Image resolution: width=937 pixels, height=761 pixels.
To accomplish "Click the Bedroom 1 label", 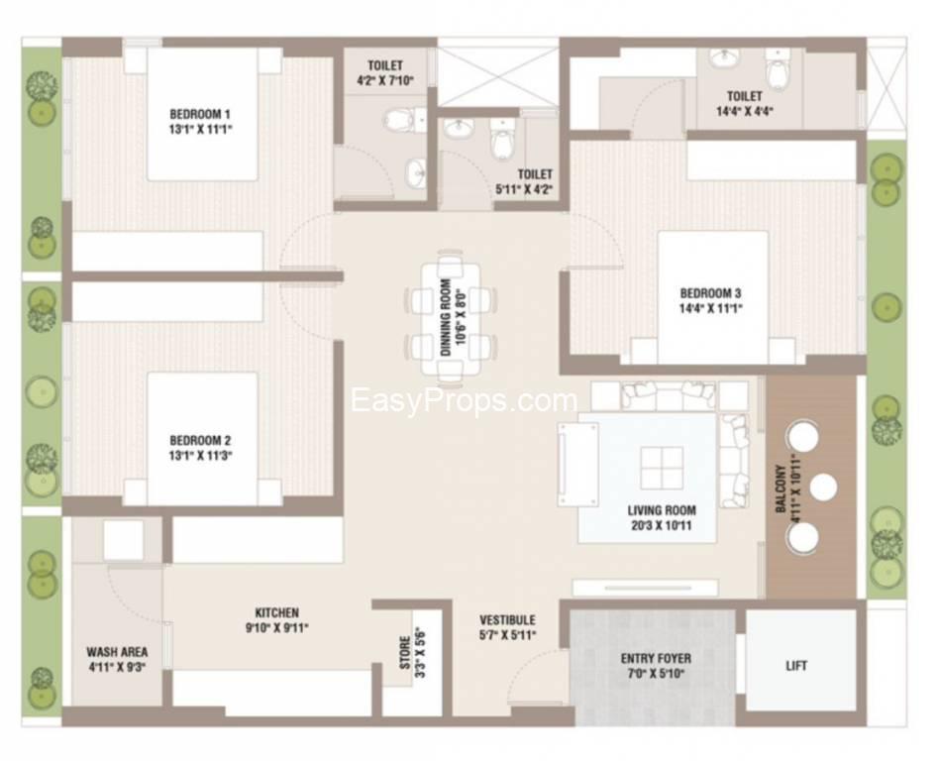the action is tap(200, 114).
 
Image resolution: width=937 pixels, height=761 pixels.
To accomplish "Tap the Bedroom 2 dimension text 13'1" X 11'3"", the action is tap(200, 456).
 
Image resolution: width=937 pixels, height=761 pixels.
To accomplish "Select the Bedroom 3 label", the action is tap(710, 293).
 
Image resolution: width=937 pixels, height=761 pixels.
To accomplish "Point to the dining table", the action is tap(452, 318).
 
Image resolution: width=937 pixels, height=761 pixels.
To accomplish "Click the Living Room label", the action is tap(662, 510).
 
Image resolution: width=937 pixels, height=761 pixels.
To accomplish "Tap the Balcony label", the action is tap(781, 489).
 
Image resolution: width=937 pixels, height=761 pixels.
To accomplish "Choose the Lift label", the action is tap(796, 665).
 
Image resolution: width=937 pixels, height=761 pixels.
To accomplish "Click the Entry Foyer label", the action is tap(656, 659).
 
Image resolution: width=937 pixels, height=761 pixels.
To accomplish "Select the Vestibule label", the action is tap(507, 620).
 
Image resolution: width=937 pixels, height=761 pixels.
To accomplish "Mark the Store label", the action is tap(405, 653).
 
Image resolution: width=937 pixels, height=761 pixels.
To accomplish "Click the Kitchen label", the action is tap(276, 612).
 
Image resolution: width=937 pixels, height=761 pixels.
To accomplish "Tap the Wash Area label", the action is tap(117, 652).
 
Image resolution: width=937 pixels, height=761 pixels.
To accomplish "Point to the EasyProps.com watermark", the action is tap(464, 400).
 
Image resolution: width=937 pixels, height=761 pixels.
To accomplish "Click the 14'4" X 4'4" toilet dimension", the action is tap(745, 111).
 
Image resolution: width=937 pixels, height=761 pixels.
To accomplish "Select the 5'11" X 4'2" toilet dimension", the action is tap(524, 189).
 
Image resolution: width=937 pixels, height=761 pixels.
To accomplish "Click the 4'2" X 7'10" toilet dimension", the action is tap(385, 80).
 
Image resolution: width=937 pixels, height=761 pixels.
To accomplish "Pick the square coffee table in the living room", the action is tap(662, 468).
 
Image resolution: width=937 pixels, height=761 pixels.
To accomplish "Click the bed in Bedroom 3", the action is tap(712, 297).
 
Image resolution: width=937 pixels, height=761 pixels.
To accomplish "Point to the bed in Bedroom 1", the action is tap(202, 114).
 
